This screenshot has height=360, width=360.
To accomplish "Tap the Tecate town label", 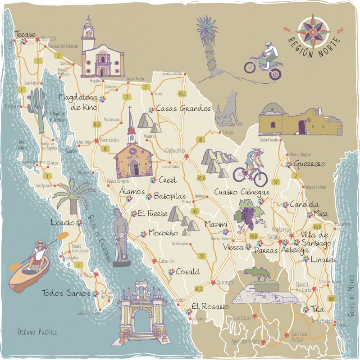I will pyautogui.click(x=25, y=34).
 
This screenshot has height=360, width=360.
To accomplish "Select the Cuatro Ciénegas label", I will pyautogui.click(x=242, y=192).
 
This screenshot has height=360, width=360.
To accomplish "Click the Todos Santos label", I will pyautogui.click(x=66, y=293).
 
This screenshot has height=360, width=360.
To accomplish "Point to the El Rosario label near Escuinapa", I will pyautogui.click(x=210, y=306).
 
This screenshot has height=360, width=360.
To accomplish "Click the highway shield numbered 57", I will pyautogui.click(x=275, y=182).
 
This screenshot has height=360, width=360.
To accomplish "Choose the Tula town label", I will pyautogui.click(x=317, y=310).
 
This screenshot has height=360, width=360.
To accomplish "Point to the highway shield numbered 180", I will pyautogui.click(x=332, y=298).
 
